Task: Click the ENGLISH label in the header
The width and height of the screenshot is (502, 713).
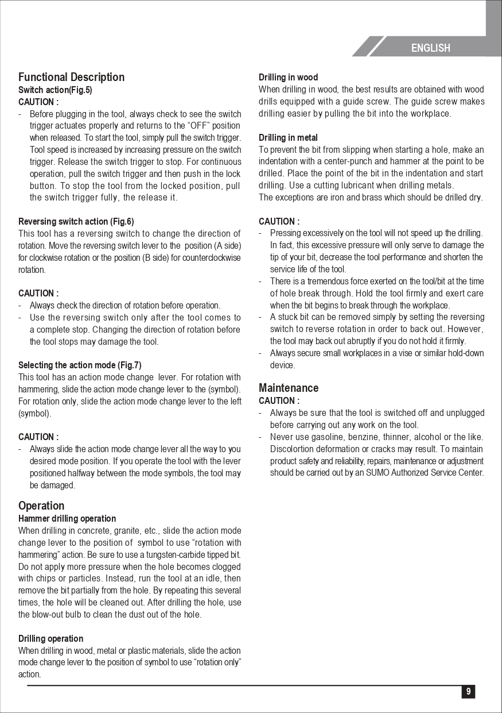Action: [x=430, y=48]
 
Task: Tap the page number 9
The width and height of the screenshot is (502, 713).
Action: [x=468, y=692]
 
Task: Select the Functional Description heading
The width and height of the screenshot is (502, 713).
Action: [x=71, y=77]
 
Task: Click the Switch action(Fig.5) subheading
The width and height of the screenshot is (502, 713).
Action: [x=55, y=90]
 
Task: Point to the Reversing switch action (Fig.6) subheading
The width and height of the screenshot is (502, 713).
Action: [x=76, y=221]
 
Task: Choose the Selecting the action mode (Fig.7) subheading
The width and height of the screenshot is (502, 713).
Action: [x=80, y=365]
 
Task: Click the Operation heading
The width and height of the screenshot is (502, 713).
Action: [x=41, y=506]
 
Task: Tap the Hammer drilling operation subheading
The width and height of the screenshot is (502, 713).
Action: [x=67, y=518]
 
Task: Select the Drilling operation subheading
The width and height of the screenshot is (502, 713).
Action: [x=50, y=638]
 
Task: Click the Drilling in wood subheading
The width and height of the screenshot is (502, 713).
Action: [x=288, y=77]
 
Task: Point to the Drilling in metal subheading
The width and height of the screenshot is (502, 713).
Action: [x=288, y=137]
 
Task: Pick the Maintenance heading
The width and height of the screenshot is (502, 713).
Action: [x=289, y=388]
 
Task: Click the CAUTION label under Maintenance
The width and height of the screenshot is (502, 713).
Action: [x=279, y=400]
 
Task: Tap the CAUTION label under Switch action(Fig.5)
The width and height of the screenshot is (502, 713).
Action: [x=38, y=102]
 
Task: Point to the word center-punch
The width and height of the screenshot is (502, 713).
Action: [x=349, y=161]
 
